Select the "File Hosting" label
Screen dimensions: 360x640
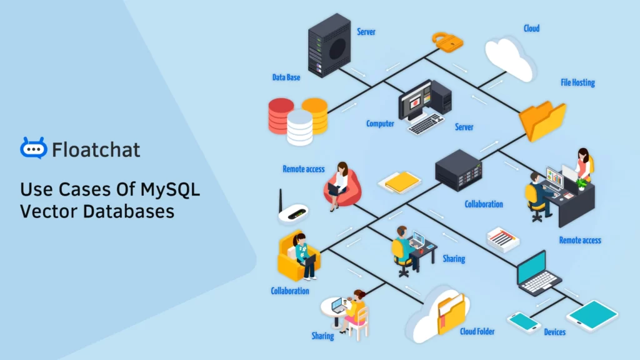pos(577,82)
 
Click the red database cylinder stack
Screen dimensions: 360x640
pos(281,115)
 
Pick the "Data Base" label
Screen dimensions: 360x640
pos(286,77)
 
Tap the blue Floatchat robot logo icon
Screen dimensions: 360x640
pos(33,148)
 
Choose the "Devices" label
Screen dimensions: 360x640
pos(554,332)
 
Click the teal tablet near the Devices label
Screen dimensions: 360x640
pos(591,316)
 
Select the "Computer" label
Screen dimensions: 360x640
pos(380,124)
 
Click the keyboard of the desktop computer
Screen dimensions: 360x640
pos(426,124)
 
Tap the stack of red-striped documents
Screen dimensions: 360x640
pos(504,239)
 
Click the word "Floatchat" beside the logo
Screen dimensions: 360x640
pos(96,150)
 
